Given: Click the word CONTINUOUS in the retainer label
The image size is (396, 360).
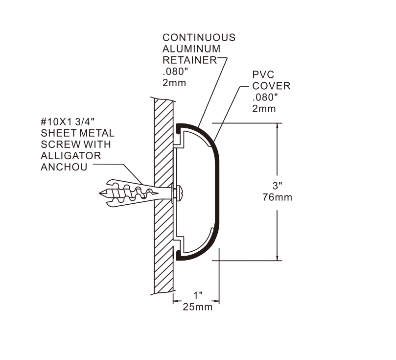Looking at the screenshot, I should point(199,38).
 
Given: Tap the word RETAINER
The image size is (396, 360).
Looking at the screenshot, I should point(189,60).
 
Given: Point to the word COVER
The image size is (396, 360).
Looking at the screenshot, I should point(271,86).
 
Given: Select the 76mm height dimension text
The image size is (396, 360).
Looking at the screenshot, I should point(278,197).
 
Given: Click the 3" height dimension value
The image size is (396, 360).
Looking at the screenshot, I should point(277,186).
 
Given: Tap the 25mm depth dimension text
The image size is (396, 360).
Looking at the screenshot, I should point(197,307).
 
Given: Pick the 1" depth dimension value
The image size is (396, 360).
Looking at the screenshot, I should point(197,296).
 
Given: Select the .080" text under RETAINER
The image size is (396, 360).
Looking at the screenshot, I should point(175,72).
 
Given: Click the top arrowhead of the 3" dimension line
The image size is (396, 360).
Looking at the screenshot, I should point(278,126).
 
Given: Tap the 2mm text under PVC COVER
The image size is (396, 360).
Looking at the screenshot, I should point(264,109).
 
